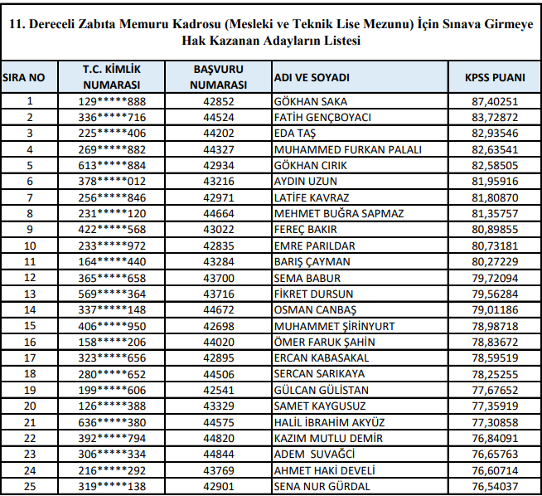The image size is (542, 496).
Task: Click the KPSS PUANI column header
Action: (x=495, y=77)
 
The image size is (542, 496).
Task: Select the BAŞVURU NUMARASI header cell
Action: (x=218, y=77)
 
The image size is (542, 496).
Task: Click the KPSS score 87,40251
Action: (x=495, y=101)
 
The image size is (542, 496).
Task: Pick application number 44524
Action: (x=218, y=117)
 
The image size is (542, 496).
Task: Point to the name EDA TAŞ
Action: (x=296, y=133)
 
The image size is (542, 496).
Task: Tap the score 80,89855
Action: (x=495, y=229)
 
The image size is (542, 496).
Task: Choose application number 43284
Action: (x=218, y=261)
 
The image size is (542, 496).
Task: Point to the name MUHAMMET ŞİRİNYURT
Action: (x=334, y=326)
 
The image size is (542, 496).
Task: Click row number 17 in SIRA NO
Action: (x=30, y=357)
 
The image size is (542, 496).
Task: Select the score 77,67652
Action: (x=495, y=390)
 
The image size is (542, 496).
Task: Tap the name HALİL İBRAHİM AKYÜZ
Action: (x=329, y=422)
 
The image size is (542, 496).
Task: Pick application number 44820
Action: (x=218, y=438)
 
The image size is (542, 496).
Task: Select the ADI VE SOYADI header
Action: (x=312, y=77)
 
